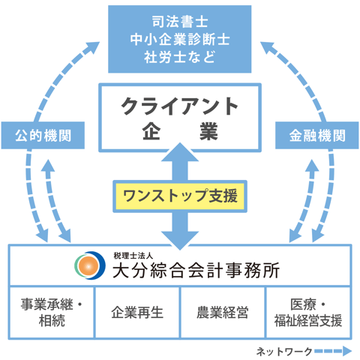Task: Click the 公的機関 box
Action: [43, 137]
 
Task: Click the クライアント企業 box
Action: [179, 116]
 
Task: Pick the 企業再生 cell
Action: [136, 313]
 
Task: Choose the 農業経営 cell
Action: [223, 313]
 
